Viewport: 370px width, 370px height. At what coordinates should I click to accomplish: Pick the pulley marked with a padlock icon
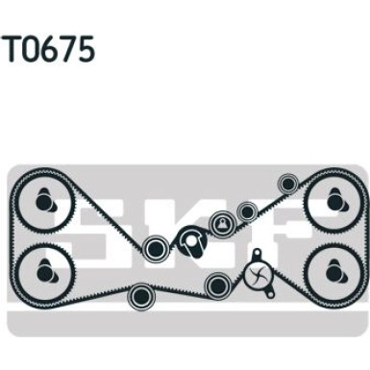click(x=223, y=223)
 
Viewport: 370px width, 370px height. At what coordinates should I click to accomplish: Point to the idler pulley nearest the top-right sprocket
click(x=285, y=184)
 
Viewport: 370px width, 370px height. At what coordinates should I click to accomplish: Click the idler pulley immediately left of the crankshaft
click(x=155, y=250)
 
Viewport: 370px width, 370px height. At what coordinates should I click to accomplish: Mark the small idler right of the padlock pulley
click(x=248, y=210)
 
